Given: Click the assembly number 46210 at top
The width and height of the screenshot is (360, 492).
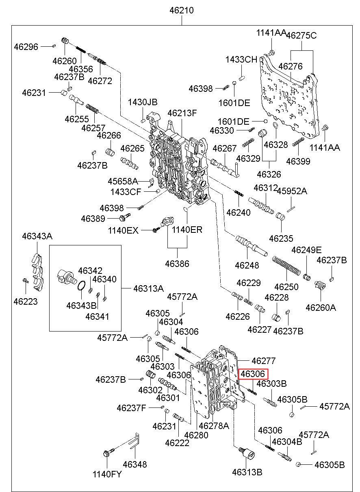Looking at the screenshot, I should point(182,11).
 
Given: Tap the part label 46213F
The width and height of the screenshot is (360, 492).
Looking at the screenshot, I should point(182,113).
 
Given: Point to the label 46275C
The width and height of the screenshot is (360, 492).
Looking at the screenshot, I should point(301,36).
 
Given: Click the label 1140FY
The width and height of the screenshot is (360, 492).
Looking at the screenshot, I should point(107,474).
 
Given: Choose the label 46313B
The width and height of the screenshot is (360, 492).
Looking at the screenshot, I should point(247,472).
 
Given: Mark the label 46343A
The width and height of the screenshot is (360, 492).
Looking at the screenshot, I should point(37,236).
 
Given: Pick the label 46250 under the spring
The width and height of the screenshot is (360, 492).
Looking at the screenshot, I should point(286,287).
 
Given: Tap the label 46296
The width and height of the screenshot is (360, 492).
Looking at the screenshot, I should point(26,47).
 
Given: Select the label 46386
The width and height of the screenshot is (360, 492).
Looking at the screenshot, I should point(177,264).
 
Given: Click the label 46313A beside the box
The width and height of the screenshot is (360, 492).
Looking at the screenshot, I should point(148,288).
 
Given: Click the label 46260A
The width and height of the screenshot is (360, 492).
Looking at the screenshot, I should point(321,308).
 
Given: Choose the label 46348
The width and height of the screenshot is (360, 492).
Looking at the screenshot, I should point(135,464).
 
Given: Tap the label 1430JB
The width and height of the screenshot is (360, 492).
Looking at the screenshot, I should point(143,102).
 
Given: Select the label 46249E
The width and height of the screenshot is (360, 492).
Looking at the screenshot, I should point(306,249).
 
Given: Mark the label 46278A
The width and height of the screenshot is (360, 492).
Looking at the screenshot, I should point(214,425).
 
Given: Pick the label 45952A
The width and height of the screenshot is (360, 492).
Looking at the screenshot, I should point(292,191).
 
